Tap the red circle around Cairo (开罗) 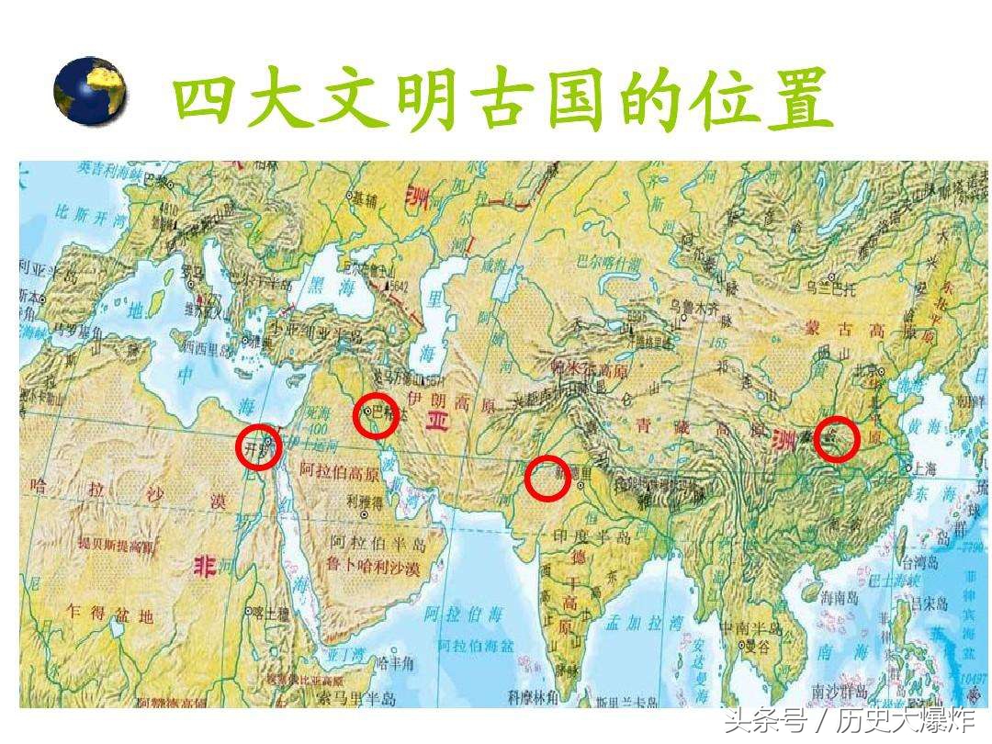[x=258, y=447]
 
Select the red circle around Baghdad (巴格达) [x=376, y=415]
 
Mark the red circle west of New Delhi [x=548, y=478]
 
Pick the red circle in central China [x=836, y=439]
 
